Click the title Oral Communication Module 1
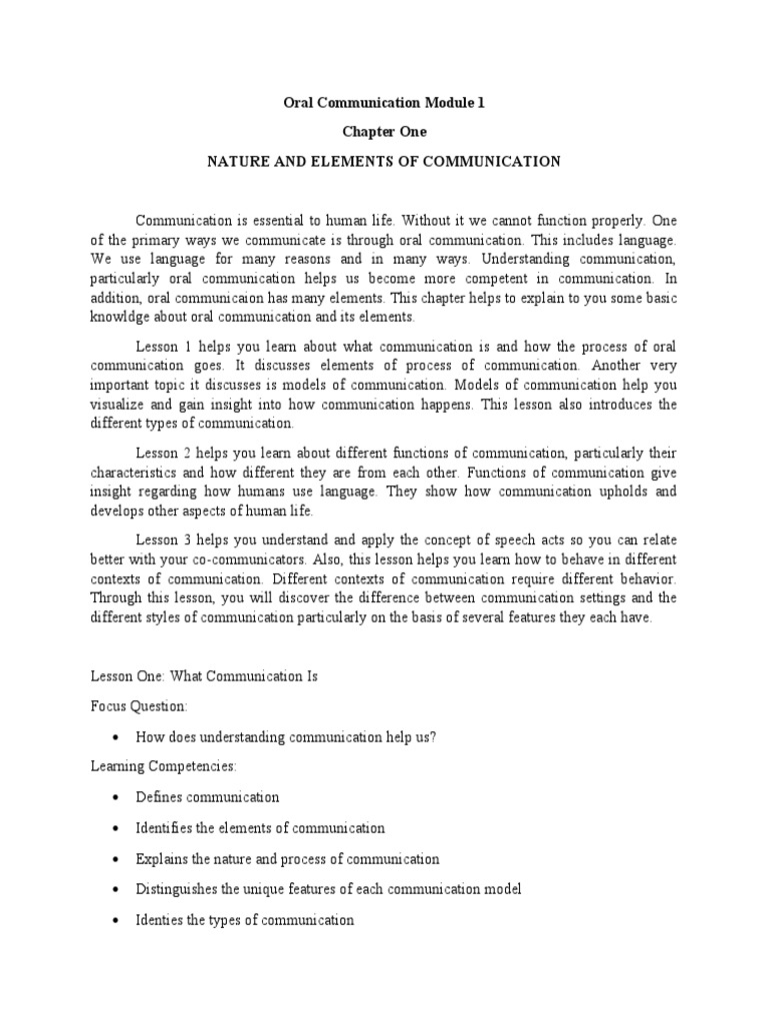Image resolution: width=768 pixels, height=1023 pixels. [x=384, y=102]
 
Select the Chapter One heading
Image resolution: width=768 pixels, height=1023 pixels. [x=384, y=131]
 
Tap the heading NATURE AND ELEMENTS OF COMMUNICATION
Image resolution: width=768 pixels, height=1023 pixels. [x=384, y=161]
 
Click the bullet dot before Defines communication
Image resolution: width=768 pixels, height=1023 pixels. [x=116, y=798]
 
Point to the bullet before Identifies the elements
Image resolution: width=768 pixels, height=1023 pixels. [x=116, y=828]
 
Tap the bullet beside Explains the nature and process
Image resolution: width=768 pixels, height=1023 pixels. [x=116, y=859]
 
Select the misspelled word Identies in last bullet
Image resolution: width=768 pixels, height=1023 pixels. [x=160, y=920]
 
